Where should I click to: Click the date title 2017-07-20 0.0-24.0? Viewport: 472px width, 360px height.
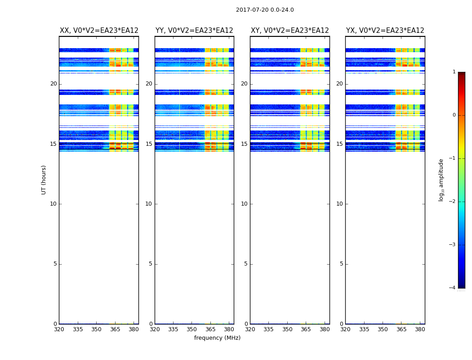pyautogui.click(x=265, y=10)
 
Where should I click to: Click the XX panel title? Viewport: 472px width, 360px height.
pyautogui.click(x=99, y=31)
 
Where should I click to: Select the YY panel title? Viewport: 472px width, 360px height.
pyautogui.click(x=194, y=31)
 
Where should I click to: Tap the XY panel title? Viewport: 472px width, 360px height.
pyautogui.click(x=289, y=31)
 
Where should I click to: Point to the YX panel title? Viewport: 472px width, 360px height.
pyautogui.click(x=385, y=31)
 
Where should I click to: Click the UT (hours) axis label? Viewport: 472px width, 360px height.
pyautogui.click(x=44, y=180)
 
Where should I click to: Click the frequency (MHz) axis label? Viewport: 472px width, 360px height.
pyautogui.click(x=217, y=338)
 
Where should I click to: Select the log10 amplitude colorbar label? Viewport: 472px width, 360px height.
pyautogui.click(x=441, y=180)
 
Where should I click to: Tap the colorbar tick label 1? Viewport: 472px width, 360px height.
pyautogui.click(x=454, y=72)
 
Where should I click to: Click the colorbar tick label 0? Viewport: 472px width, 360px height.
pyautogui.click(x=454, y=115)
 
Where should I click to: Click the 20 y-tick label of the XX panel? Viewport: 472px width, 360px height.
pyautogui.click(x=53, y=84)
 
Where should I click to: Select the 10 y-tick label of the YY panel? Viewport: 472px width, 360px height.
pyautogui.click(x=149, y=204)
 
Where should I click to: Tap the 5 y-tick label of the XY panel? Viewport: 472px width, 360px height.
pyautogui.click(x=246, y=264)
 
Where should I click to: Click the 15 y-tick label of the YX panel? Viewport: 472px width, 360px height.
pyautogui.click(x=339, y=144)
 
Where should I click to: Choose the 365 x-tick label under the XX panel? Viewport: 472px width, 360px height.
pyautogui.click(x=115, y=329)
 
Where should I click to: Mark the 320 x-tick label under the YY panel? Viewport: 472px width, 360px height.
pyautogui.click(x=155, y=329)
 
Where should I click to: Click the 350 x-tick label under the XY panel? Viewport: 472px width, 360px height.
pyautogui.click(x=287, y=329)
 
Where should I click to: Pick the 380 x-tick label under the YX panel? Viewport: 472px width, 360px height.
pyautogui.click(x=420, y=329)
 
